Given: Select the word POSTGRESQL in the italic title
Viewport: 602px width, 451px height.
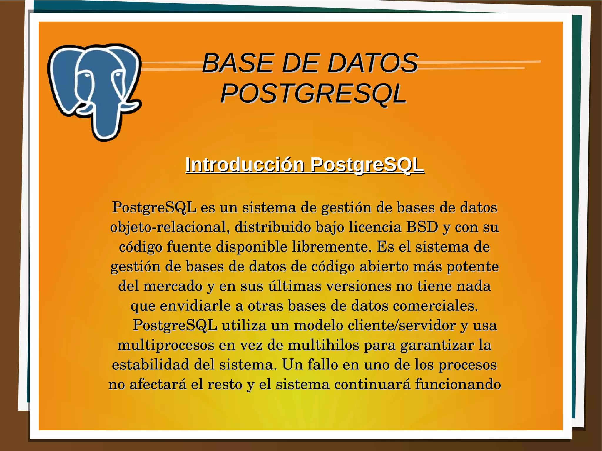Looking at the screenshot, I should tap(313, 94).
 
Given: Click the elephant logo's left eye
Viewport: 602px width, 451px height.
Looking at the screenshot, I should tap(87, 76).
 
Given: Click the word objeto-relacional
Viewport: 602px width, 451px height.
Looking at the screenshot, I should tap(170, 227).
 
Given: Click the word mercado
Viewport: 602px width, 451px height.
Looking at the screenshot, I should tap(173, 286).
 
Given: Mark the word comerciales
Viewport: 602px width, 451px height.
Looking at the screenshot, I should tap(435, 306).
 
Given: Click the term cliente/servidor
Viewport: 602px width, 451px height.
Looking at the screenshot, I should tap(401, 325).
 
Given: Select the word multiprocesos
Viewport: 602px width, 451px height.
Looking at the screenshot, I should tap(165, 345).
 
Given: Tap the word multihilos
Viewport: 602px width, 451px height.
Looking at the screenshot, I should tap(323, 345).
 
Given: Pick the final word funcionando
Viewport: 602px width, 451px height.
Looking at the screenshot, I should tap(458, 384).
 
